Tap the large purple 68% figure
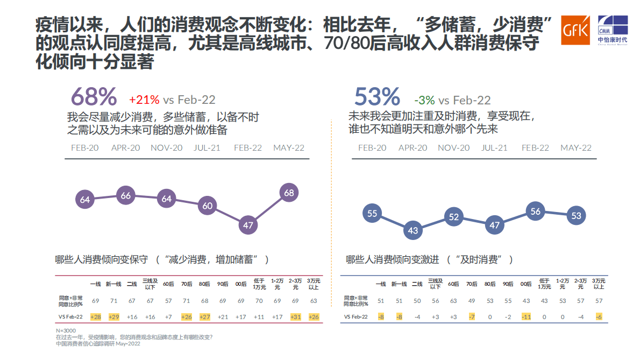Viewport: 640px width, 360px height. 94,97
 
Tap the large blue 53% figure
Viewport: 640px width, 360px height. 377,97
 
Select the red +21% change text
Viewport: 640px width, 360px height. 144,100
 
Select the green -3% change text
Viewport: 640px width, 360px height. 424,100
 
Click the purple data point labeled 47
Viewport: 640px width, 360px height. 248,225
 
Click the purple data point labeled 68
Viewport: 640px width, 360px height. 289,193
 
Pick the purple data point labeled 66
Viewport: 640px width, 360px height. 126,196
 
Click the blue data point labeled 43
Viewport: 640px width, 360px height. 413,230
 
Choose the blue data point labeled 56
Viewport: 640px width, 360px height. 535,211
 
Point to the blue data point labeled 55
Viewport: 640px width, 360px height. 372,214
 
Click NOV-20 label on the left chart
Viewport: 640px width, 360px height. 166,148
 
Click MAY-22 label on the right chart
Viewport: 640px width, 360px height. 576,148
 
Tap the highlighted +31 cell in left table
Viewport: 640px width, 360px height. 295,317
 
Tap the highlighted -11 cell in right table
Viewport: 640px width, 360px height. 527,317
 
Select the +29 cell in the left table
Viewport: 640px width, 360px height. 114,317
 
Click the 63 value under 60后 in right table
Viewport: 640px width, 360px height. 453,300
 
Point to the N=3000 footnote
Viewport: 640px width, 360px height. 66,330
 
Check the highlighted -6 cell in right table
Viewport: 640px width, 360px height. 599,317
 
